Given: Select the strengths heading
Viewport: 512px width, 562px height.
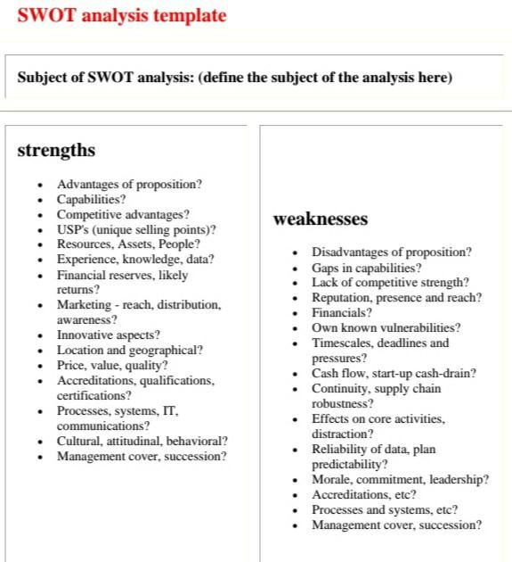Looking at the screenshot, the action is (56, 150).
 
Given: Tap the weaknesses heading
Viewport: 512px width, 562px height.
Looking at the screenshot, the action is (320, 219).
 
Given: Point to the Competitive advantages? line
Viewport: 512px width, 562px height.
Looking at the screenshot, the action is (123, 214).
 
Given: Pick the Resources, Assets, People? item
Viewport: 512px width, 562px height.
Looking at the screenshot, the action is (128, 244).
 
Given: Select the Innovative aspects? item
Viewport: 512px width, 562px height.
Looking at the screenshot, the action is (109, 335).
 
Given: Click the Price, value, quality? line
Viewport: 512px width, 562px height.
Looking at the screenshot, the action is (112, 365).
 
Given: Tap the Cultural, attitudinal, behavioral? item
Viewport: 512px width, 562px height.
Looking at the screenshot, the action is (142, 441).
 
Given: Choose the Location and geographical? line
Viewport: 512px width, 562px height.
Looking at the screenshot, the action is (130, 351).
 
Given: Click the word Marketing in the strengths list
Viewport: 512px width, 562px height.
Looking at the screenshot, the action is (82, 304).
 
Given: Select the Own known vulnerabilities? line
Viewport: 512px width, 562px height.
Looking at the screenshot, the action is (386, 328).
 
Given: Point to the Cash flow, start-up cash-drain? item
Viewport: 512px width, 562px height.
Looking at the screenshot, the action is (394, 374).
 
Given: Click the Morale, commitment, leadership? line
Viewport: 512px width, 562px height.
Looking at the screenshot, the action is (400, 480).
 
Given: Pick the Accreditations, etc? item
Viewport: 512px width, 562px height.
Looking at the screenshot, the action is (363, 495).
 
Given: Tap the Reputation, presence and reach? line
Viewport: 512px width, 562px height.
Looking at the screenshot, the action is (396, 298).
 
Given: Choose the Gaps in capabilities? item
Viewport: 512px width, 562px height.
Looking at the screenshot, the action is (366, 268).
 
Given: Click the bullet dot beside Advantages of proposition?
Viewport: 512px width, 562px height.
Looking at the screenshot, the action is (40, 185).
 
